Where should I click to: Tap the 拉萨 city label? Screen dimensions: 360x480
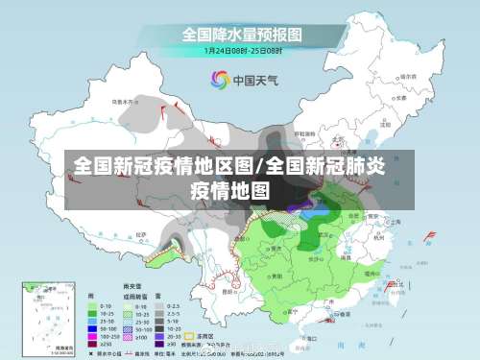pos(142,234)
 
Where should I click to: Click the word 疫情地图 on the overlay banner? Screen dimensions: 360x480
pos(230,189)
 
